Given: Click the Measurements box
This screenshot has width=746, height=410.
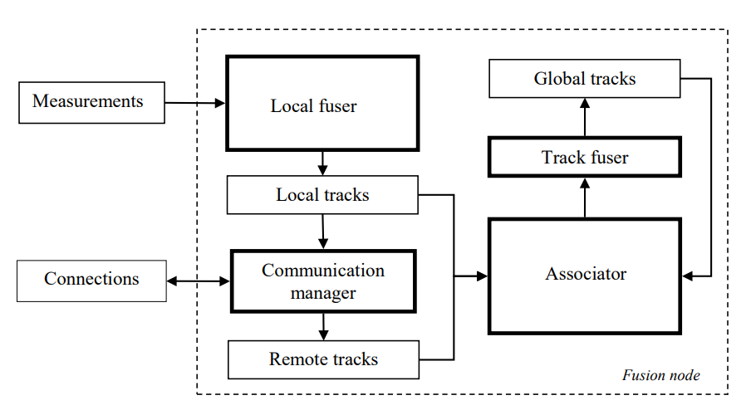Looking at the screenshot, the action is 92,103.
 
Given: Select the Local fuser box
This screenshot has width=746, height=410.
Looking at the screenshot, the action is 322,103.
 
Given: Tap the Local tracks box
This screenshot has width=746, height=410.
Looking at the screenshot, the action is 322,195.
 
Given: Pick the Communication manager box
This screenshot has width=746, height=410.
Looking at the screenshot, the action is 323,281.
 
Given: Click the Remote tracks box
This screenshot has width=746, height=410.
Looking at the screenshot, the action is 323,359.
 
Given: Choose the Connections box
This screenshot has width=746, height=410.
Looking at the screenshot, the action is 92,281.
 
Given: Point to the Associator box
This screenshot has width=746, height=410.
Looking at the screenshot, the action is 585,276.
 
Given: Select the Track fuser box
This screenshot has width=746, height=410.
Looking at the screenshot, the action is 585,157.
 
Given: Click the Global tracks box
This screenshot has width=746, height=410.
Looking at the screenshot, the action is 585,79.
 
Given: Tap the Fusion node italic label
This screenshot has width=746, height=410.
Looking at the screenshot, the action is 660,375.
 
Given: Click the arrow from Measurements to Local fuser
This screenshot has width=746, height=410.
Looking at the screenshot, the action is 195,103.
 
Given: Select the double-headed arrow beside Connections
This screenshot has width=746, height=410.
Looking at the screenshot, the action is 199,281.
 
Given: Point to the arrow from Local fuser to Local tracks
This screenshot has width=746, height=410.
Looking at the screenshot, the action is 322,164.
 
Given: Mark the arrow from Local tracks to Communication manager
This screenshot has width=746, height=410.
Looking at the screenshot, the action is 322,232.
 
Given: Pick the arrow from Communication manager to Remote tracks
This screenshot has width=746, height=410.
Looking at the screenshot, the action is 323,326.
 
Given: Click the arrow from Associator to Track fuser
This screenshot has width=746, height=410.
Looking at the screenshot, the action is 585,198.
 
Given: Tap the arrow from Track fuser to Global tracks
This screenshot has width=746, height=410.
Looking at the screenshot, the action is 585,117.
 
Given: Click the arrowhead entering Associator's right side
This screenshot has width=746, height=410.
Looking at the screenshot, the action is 688,276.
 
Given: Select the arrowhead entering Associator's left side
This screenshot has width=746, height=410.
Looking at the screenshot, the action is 482,276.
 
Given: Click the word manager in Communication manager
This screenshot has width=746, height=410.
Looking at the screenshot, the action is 323,294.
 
